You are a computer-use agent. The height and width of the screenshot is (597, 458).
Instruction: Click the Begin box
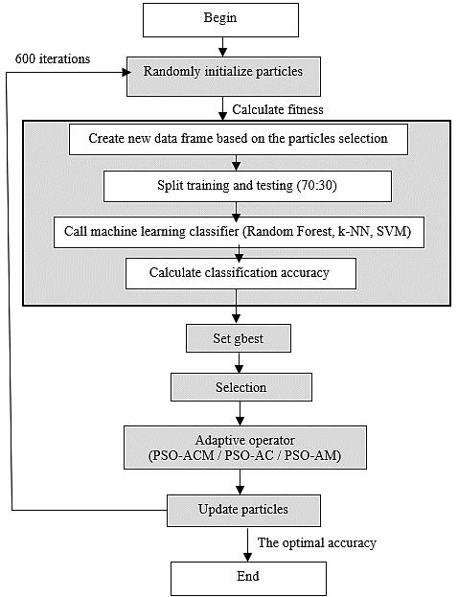click(220, 20)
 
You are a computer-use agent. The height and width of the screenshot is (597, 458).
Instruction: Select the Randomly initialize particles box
click(223, 77)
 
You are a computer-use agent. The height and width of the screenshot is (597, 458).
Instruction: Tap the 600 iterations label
click(53, 59)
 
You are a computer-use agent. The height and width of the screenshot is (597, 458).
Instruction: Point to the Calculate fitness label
click(278, 109)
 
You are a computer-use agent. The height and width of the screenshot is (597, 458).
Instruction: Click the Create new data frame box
click(239, 139)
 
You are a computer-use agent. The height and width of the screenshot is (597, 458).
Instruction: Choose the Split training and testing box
click(247, 186)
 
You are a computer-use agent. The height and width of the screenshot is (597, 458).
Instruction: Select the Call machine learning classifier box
click(239, 232)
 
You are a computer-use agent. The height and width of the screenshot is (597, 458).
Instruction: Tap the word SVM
click(393, 232)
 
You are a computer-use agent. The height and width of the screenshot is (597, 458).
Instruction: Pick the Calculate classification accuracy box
click(240, 273)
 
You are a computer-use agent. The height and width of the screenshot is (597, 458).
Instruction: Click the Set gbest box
click(239, 338)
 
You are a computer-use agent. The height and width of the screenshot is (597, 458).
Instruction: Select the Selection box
click(241, 387)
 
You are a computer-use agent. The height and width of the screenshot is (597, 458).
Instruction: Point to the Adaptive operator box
click(245, 448)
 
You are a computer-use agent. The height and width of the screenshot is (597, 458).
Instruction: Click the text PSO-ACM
click(181, 455)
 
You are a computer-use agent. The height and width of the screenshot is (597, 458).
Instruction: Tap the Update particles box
click(243, 511)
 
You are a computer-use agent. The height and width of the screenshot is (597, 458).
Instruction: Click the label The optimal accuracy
click(317, 542)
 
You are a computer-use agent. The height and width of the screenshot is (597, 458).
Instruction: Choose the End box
click(248, 579)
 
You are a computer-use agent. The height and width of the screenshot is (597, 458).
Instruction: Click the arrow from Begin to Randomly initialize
click(223, 47)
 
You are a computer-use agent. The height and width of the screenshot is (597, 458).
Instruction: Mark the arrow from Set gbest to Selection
click(240, 362)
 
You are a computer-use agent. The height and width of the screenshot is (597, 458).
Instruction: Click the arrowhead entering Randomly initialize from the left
click(126, 72)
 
